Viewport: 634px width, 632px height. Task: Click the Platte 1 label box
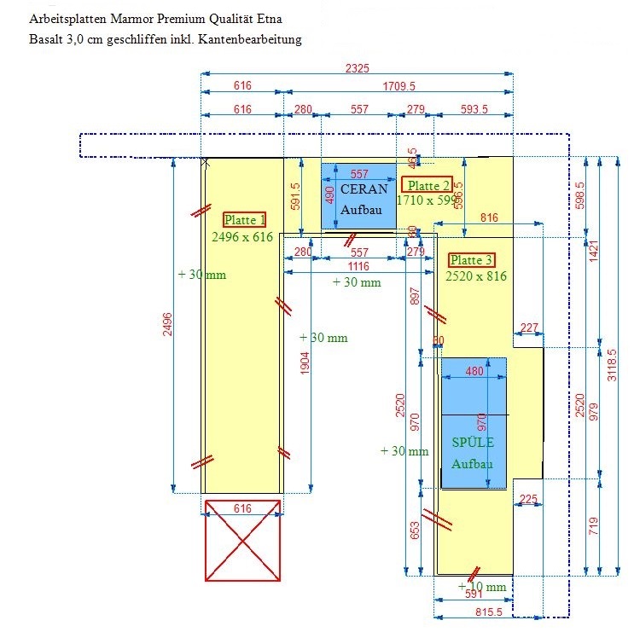245,219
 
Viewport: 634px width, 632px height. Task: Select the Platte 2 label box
428,186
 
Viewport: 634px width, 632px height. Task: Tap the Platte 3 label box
471,260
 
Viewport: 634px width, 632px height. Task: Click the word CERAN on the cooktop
364,188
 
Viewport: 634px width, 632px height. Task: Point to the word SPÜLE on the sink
473,443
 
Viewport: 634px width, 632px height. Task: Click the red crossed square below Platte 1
243,540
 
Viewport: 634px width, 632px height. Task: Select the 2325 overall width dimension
357,68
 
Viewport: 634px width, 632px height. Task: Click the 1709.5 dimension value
398,86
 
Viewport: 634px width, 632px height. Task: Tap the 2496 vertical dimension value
167,325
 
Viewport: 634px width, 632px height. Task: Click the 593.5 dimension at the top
474,109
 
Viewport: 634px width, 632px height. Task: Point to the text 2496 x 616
242,237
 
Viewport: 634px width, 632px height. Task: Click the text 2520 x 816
476,276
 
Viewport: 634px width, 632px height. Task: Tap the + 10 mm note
482,587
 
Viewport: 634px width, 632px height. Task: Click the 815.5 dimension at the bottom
488,612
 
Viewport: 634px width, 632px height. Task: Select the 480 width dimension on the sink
474,371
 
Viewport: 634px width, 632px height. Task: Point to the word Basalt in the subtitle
45,39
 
